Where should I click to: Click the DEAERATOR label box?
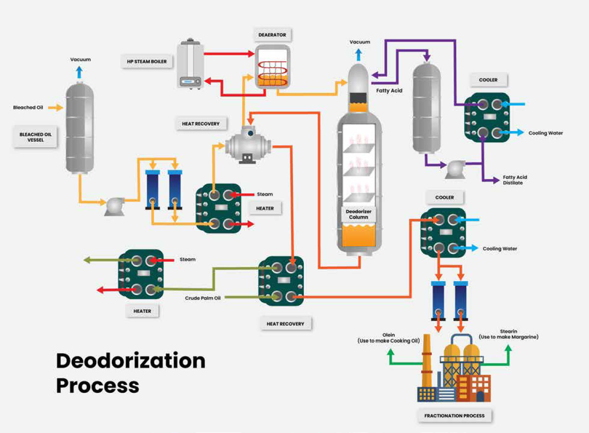pos(272,35)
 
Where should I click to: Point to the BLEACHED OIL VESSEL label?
pos(35,137)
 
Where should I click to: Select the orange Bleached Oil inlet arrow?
pos(56,107)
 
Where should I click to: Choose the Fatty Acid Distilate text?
pos(515,180)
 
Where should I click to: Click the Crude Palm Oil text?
pos(203,298)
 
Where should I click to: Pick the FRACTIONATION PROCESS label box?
pos(454,416)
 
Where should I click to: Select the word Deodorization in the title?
pos(131,361)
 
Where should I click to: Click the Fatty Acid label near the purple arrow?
pos(389,91)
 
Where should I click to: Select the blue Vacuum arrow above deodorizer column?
pos(359,54)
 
